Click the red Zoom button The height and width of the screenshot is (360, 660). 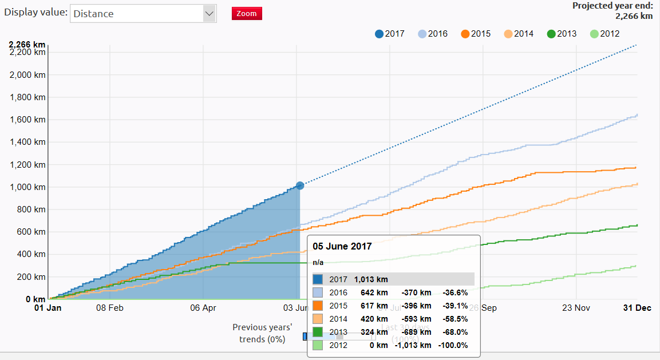[x=247, y=14]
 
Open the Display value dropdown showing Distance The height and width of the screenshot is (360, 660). [x=143, y=14]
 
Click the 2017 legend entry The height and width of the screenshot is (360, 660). [x=390, y=34]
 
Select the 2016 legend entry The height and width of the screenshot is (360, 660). [x=433, y=34]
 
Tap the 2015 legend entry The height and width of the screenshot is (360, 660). [x=476, y=34]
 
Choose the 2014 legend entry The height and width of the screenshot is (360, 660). [x=519, y=34]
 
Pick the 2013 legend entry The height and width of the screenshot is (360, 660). [x=562, y=34]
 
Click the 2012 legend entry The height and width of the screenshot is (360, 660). [x=604, y=34]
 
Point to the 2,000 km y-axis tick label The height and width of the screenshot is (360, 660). [x=27, y=75]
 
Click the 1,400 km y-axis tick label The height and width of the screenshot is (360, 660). [x=27, y=143]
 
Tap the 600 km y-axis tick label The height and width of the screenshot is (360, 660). [x=31, y=232]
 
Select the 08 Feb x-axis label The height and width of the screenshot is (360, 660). [x=110, y=307]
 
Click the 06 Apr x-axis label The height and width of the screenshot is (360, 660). [x=203, y=307]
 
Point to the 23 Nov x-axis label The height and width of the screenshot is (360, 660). [x=576, y=307]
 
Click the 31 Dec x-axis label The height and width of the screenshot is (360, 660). [x=637, y=307]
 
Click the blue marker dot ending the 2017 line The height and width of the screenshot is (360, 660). [x=299, y=185]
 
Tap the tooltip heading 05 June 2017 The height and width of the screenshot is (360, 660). [x=342, y=247]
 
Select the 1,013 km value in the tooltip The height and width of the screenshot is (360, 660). [x=371, y=279]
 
